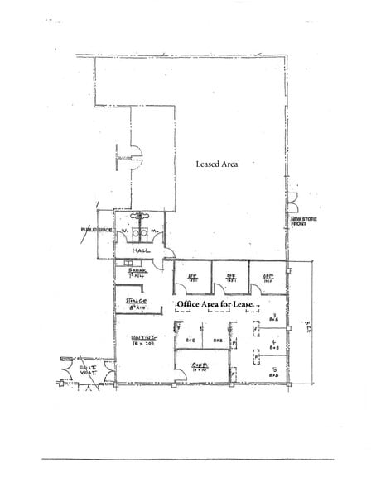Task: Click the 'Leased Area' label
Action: coord(217,164)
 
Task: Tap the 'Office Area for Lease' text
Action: coord(214,304)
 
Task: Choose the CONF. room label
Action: coord(199,364)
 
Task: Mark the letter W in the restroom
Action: coord(124,231)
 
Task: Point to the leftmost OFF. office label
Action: coord(191,277)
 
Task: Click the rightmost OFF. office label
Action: coord(268,277)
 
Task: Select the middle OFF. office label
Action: coord(232,277)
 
